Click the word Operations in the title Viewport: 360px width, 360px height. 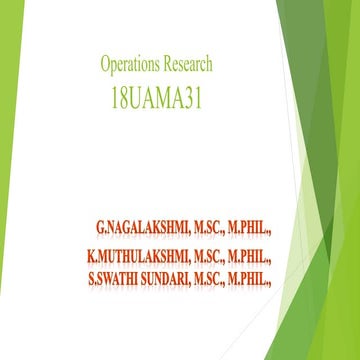[x=129, y=65]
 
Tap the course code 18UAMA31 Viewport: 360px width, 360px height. [x=157, y=99]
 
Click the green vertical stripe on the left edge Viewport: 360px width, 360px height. [x=5, y=180]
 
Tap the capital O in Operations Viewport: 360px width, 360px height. [x=105, y=65]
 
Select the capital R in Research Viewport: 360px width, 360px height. [x=164, y=65]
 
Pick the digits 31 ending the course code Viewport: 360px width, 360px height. [x=202, y=99]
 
